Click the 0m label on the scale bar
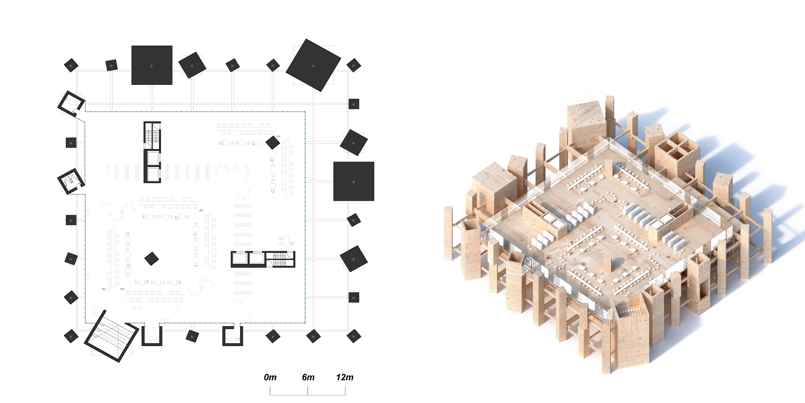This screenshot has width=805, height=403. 270,377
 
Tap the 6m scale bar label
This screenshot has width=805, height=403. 308,377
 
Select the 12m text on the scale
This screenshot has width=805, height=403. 345,377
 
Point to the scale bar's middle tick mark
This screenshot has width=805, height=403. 308,391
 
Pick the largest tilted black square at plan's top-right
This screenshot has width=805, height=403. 313,65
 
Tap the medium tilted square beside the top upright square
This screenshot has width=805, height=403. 192,65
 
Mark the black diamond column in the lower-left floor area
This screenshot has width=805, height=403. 152,259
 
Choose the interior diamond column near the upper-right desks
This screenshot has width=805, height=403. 272,142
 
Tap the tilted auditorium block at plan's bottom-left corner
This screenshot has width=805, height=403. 111,336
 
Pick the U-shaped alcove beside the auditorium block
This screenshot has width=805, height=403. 152,335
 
